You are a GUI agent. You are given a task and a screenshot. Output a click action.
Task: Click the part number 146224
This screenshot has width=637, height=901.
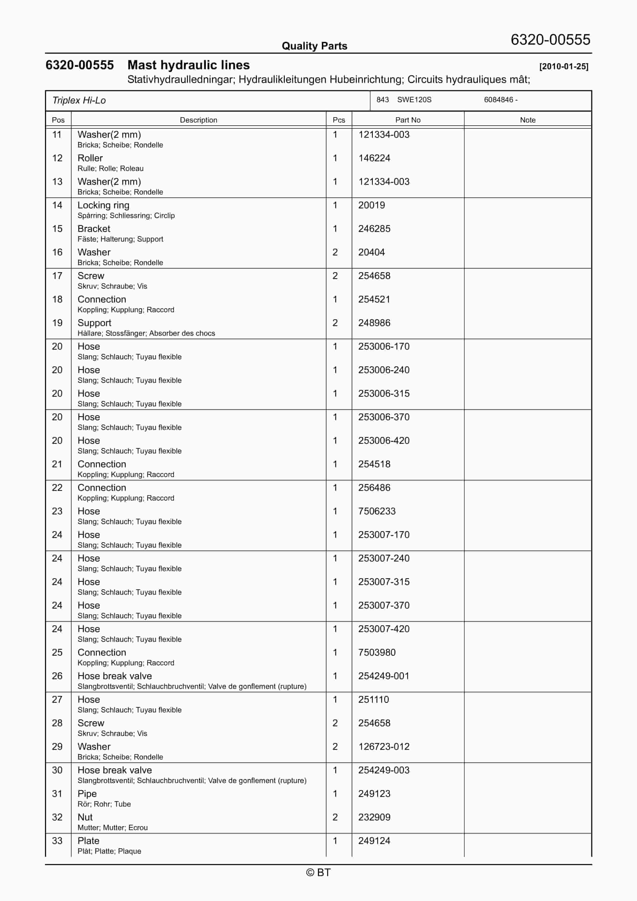(374, 158)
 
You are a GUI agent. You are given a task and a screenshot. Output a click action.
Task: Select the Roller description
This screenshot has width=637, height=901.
(90, 158)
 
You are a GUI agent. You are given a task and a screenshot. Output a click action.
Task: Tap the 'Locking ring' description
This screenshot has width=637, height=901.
(103, 205)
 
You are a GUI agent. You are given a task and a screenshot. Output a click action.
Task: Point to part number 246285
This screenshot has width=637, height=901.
(374, 229)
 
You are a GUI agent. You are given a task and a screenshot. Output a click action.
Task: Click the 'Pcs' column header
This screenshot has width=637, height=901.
(339, 120)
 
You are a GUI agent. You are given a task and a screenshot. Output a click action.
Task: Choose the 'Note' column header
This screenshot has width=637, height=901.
(528, 120)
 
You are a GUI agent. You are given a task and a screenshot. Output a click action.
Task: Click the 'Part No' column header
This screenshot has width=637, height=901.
(408, 120)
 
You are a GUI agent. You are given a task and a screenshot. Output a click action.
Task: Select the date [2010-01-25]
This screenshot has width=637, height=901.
(564, 66)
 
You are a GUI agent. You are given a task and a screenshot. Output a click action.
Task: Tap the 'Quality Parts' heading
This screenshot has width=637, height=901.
(314, 46)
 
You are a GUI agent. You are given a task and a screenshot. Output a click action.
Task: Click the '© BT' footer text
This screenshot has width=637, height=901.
(318, 872)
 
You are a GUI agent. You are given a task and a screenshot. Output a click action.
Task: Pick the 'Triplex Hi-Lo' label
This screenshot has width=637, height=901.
(79, 101)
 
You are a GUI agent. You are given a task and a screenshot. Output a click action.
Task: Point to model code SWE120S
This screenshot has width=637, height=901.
(414, 100)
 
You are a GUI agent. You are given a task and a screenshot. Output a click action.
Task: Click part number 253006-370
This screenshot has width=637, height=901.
(384, 417)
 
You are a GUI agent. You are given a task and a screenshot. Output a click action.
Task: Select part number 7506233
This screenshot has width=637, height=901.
(377, 511)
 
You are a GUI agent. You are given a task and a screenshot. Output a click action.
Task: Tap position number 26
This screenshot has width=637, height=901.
(57, 676)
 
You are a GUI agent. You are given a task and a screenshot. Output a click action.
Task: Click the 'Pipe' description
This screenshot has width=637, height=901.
(87, 794)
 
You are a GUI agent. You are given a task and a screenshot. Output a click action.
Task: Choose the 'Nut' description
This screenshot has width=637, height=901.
(85, 818)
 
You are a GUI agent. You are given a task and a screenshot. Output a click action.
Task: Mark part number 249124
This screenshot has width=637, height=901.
(374, 841)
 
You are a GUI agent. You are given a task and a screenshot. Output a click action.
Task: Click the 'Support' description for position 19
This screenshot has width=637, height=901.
(94, 323)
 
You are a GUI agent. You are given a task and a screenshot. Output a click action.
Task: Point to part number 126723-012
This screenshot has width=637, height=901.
(384, 747)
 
